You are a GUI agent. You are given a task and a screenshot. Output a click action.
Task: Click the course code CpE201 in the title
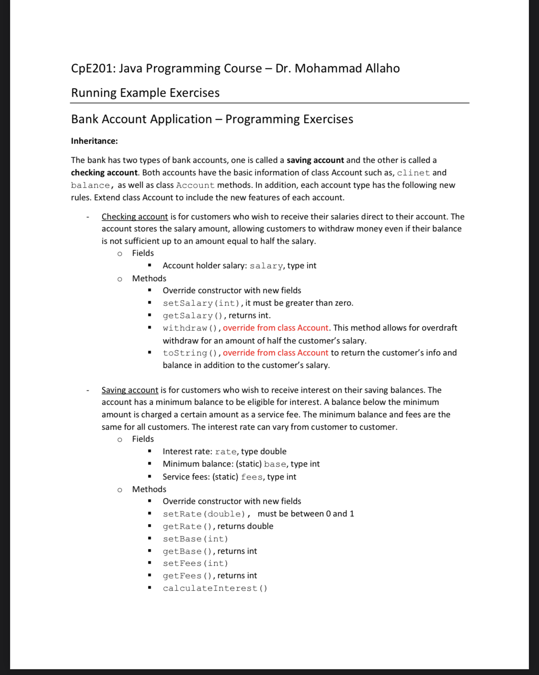(92, 69)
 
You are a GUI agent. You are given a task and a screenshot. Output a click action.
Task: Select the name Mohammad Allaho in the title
(347, 69)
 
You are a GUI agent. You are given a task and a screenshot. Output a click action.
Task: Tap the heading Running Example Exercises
(145, 93)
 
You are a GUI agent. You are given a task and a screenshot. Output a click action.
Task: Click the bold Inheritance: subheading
(94, 141)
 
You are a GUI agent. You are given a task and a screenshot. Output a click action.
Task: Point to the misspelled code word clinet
(413, 173)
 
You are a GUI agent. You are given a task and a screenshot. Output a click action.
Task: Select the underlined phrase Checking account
(135, 217)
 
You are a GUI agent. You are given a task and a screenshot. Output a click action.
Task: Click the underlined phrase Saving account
(130, 390)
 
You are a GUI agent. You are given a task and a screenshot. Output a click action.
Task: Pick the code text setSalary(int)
(202, 303)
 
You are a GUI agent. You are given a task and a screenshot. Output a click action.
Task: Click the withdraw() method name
(190, 328)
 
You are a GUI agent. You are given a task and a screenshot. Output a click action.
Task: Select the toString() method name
(190, 353)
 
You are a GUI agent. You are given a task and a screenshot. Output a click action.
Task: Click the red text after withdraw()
(275, 328)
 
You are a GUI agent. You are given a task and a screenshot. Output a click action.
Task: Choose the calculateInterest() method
(215, 588)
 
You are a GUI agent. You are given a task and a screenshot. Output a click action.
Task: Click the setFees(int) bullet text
(195, 563)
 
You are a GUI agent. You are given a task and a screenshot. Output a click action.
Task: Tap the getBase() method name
(187, 551)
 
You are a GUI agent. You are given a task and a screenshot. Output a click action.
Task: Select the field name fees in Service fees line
(252, 477)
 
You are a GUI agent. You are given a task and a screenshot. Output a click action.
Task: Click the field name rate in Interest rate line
(226, 452)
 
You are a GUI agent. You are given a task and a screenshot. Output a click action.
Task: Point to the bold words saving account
(315, 160)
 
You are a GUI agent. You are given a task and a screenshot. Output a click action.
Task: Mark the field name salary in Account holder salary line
(266, 266)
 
